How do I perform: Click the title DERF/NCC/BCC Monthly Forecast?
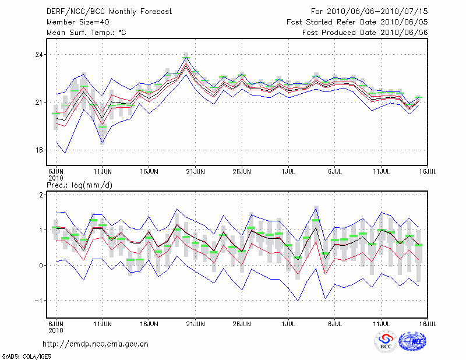109,12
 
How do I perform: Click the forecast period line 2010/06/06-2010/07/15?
369,12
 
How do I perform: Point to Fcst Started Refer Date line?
357,22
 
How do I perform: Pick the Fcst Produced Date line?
365,33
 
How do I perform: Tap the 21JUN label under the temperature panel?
196,172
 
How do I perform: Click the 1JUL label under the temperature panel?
288,172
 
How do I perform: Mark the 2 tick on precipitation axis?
41,195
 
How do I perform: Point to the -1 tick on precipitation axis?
40,301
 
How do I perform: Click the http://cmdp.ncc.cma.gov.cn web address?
96,344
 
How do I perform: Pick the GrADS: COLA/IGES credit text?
26,355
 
